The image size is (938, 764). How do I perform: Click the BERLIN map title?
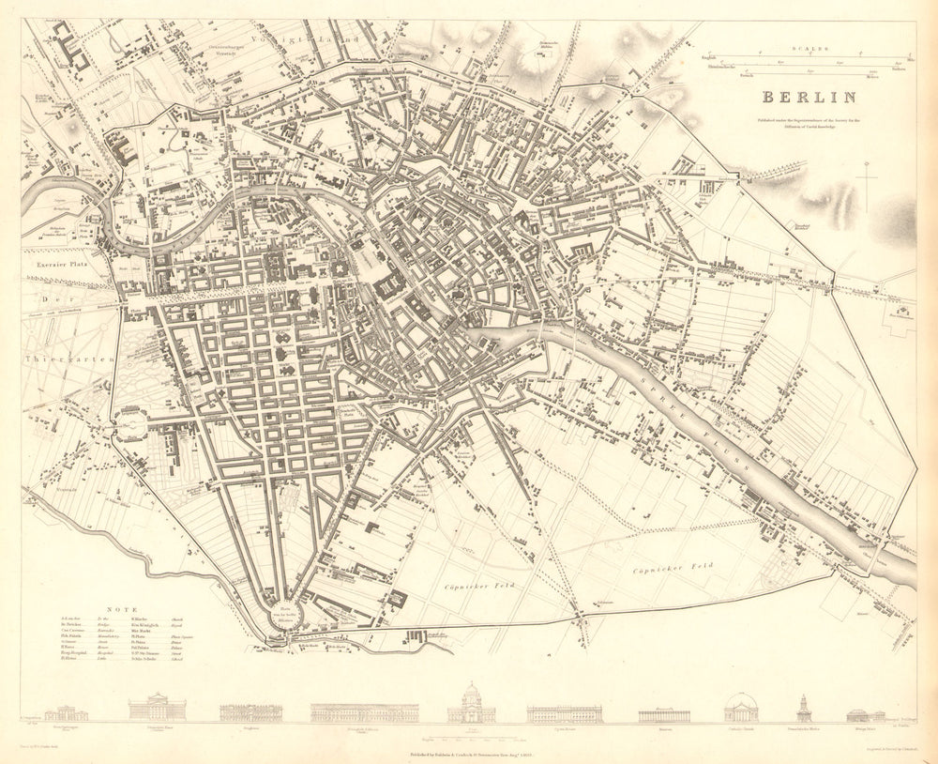click(808, 97)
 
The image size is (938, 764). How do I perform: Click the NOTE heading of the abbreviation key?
click(124, 608)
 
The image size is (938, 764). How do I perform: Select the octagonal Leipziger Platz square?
click(134, 421)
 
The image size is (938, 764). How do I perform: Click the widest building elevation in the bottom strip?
click(364, 712)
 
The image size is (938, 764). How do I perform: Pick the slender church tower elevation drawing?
click(804, 709)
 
